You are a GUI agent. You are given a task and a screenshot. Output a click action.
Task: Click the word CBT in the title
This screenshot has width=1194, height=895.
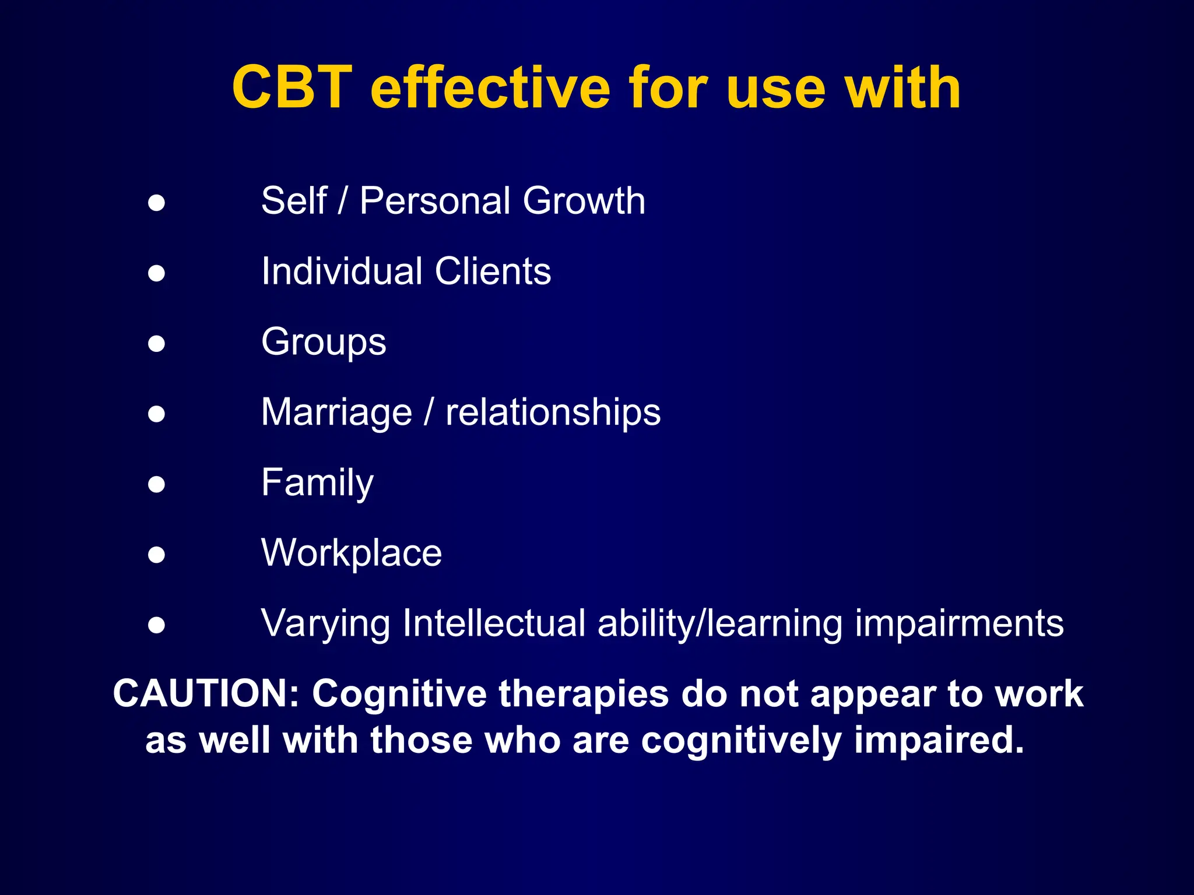pos(292,88)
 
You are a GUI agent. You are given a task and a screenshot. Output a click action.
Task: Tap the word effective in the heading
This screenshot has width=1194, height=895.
pos(490,88)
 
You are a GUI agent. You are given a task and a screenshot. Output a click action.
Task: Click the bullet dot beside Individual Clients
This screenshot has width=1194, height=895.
pos(156,273)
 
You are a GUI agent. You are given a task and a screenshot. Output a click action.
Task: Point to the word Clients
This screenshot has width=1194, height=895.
pos(493,272)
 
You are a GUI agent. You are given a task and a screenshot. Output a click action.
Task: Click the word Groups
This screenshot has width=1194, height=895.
pos(324,343)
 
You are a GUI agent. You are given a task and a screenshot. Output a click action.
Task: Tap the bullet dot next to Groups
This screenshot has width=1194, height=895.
pos(156,343)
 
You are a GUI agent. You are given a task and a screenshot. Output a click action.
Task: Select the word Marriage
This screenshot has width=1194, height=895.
pos(336,413)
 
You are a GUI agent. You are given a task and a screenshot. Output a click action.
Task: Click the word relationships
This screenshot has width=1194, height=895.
pos(553,413)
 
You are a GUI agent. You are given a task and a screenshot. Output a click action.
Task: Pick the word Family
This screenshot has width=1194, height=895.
pos(317,484)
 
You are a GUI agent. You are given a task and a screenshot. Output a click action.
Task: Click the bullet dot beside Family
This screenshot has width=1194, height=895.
pos(156,484)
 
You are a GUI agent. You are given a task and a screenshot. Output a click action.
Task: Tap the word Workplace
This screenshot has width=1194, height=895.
pos(352,554)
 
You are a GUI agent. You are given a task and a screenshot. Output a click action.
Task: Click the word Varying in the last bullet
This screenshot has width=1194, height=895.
pos(325,624)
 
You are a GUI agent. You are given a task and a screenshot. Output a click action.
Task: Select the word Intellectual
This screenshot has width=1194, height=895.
pos(494,623)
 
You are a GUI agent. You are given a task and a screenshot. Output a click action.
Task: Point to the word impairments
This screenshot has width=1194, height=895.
pos(959,624)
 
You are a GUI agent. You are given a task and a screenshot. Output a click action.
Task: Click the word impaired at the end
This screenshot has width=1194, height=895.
pos(939,741)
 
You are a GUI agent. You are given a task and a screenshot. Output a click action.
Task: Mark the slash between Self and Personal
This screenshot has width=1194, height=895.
pos(342,201)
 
